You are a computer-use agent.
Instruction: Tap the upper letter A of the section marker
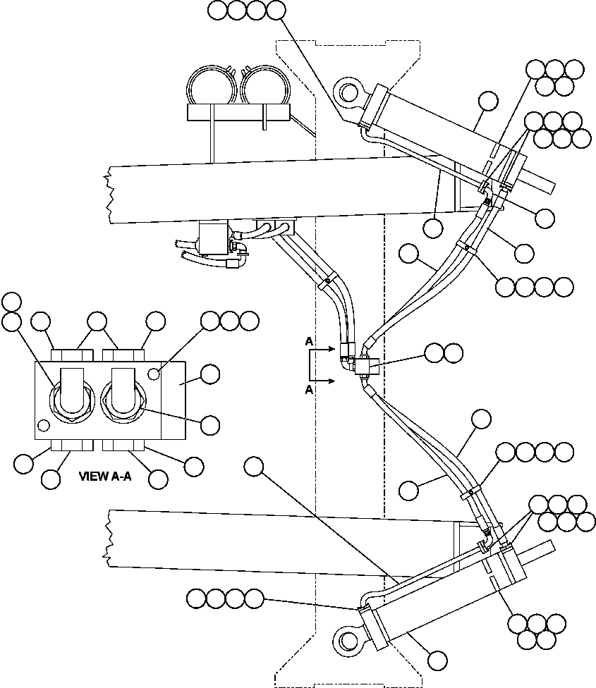309,341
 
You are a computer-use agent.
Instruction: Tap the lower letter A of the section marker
309,390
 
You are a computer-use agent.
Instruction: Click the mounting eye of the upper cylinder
347,93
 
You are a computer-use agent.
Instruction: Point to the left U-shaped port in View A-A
71,392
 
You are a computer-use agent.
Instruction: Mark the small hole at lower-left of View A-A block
44,425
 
